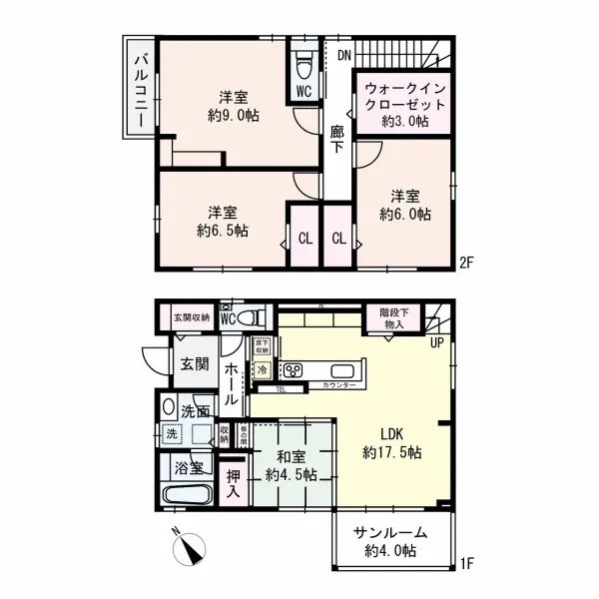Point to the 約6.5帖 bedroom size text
tap(222, 230)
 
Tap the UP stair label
tap(436, 344)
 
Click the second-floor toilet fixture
tap(303, 65)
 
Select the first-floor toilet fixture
tap(254, 318)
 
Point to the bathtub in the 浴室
tap(184, 497)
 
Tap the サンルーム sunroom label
tap(390, 533)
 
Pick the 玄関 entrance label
tap(195, 364)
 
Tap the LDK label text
tap(390, 434)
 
